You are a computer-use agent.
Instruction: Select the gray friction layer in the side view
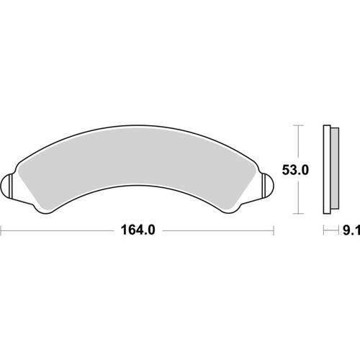click(335, 170)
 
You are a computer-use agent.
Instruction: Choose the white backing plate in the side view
click(326, 170)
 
